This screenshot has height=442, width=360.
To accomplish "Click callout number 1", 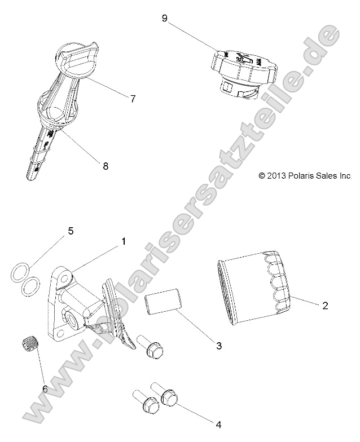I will pos(123,241).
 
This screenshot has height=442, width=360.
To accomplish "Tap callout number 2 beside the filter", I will pos(325,306).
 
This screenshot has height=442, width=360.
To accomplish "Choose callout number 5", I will pos(71,231).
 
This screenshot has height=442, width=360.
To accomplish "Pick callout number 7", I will pos(133,99).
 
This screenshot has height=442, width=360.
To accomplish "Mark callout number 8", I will pos(106,166).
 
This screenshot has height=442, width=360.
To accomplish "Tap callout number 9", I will pos(164,19).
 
